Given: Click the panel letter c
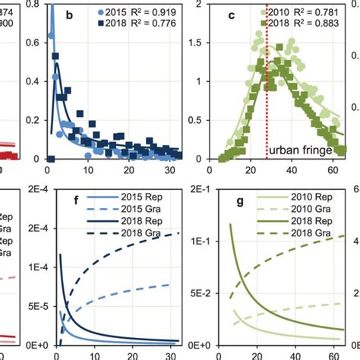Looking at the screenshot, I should pyautogui.click(x=237, y=14).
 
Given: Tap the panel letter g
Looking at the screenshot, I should pyautogui.click(x=237, y=203).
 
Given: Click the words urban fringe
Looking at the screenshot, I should pyautogui.click(x=302, y=152).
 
